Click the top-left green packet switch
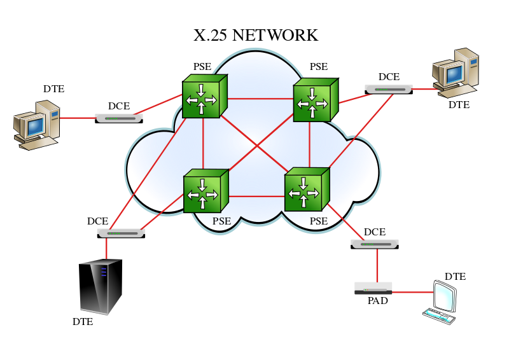point(203,97)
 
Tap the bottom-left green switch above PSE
point(204,191)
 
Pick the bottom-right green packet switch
point(305,190)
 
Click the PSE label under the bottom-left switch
point(221,221)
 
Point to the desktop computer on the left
point(37,125)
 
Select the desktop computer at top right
point(456,73)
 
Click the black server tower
point(100,287)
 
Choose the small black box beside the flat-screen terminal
point(373,288)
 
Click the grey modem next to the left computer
point(119,118)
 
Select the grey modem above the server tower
point(121,233)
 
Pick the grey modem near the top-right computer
point(389,90)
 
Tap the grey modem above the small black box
point(375,244)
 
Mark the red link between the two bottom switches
point(256,196)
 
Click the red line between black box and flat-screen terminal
point(412,292)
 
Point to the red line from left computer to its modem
point(78,118)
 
